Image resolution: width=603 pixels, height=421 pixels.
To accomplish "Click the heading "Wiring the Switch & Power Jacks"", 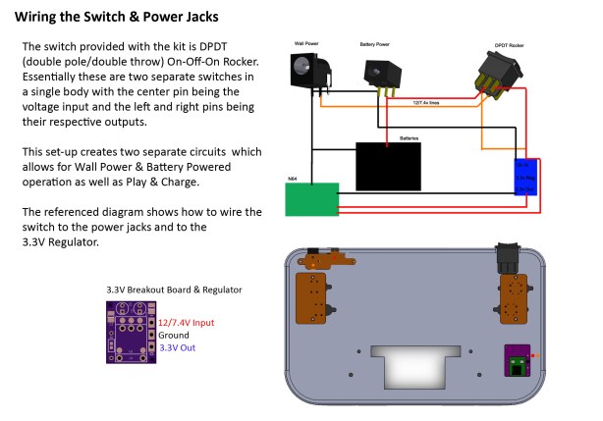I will click(x=116, y=17).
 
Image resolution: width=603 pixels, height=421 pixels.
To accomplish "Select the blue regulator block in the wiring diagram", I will click(x=523, y=176).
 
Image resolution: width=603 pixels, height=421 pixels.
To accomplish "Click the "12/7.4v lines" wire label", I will click(x=424, y=101).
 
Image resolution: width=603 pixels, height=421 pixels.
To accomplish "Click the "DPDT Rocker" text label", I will click(x=508, y=44).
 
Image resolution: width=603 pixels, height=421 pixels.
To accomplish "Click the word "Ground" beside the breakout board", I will click(x=174, y=335).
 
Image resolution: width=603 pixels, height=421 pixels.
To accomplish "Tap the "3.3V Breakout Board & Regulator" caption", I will click(x=174, y=289).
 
